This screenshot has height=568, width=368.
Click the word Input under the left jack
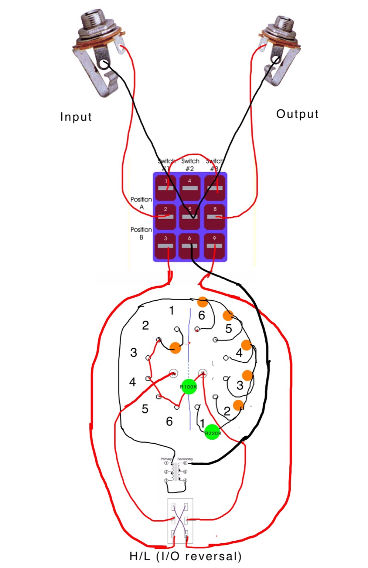pos(76,117)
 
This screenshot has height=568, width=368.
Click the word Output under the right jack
pos(297,114)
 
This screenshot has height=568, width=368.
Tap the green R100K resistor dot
pos(189,387)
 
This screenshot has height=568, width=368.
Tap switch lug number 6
pos(190,245)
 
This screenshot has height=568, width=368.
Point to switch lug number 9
pos(214,245)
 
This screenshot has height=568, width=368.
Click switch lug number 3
pos(166,245)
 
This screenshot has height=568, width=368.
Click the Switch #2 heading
pos(190,165)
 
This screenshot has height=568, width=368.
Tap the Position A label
pos(141,203)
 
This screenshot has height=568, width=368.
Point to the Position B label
pos(141,233)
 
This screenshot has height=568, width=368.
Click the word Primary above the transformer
pos(166,459)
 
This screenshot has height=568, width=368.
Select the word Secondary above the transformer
pos(185,459)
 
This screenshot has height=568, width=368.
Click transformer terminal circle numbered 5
pos(185,472)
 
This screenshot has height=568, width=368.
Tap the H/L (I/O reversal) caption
pos(185,556)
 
